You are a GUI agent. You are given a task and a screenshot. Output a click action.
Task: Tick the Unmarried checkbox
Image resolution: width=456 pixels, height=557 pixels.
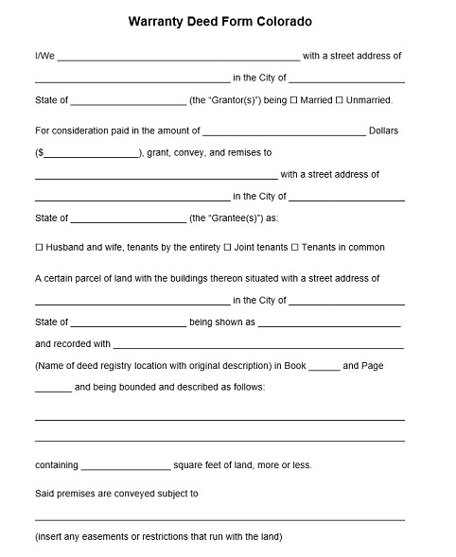pyautogui.click(x=339, y=100)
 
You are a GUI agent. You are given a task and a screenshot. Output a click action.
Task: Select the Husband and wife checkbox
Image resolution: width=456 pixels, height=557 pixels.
pyautogui.click(x=39, y=248)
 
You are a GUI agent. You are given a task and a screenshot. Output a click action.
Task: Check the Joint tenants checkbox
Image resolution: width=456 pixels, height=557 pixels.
pyautogui.click(x=227, y=248)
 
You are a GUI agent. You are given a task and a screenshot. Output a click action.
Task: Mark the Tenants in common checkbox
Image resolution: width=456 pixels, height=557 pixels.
pyautogui.click(x=294, y=248)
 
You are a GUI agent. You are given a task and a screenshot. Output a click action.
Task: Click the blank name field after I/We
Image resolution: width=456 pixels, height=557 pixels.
pyautogui.click(x=178, y=59)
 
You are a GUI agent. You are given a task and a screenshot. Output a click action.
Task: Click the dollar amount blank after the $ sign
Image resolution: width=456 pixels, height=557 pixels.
pyautogui.click(x=91, y=154)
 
